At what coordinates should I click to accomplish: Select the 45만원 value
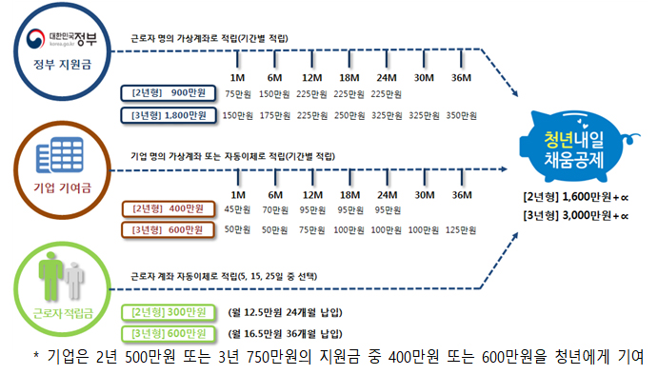(235, 209)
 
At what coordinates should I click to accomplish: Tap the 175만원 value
(273, 116)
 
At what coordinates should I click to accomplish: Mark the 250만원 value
(349, 116)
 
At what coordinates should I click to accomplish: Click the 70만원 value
(273, 209)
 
